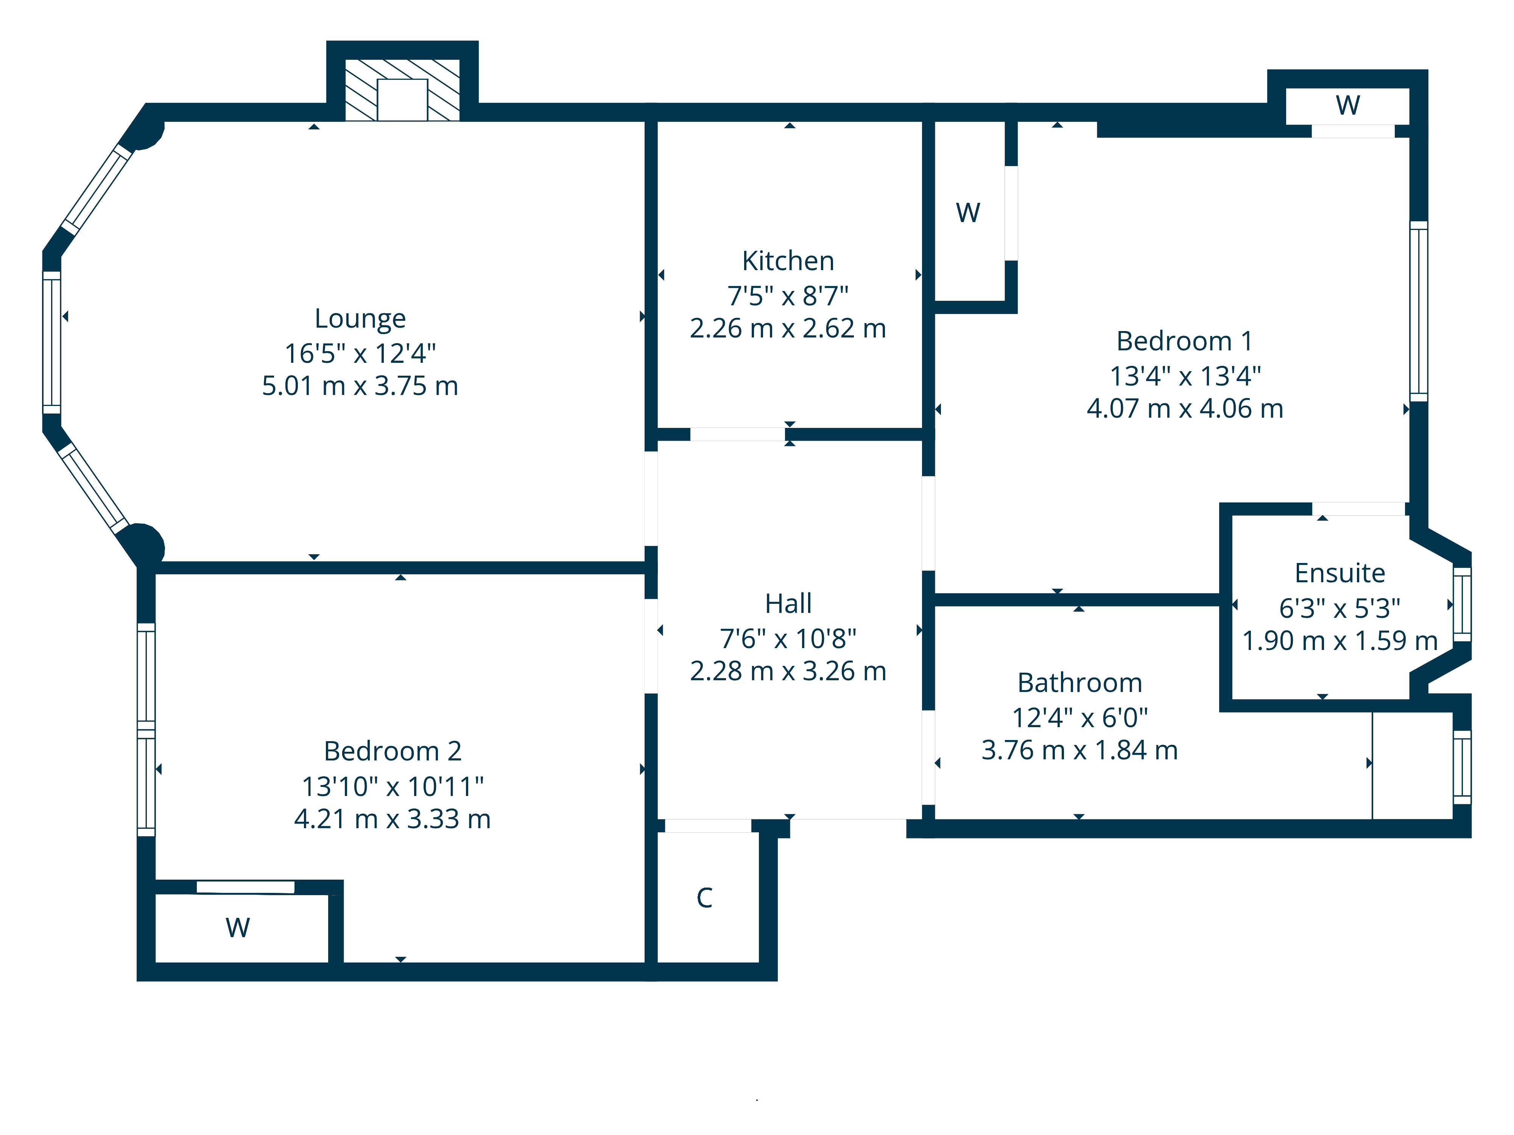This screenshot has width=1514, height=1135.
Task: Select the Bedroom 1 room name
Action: pos(1184,341)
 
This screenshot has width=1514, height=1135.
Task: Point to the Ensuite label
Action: pos(1340,573)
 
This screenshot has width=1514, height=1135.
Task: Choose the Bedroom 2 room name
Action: pos(392,751)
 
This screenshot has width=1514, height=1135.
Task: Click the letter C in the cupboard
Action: pos(704,898)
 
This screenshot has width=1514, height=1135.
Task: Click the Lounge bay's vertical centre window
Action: pos(52,342)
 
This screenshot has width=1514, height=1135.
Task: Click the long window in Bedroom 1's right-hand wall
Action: pos(1418,311)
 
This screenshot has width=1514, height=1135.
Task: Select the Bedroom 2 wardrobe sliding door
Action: pos(246,887)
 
